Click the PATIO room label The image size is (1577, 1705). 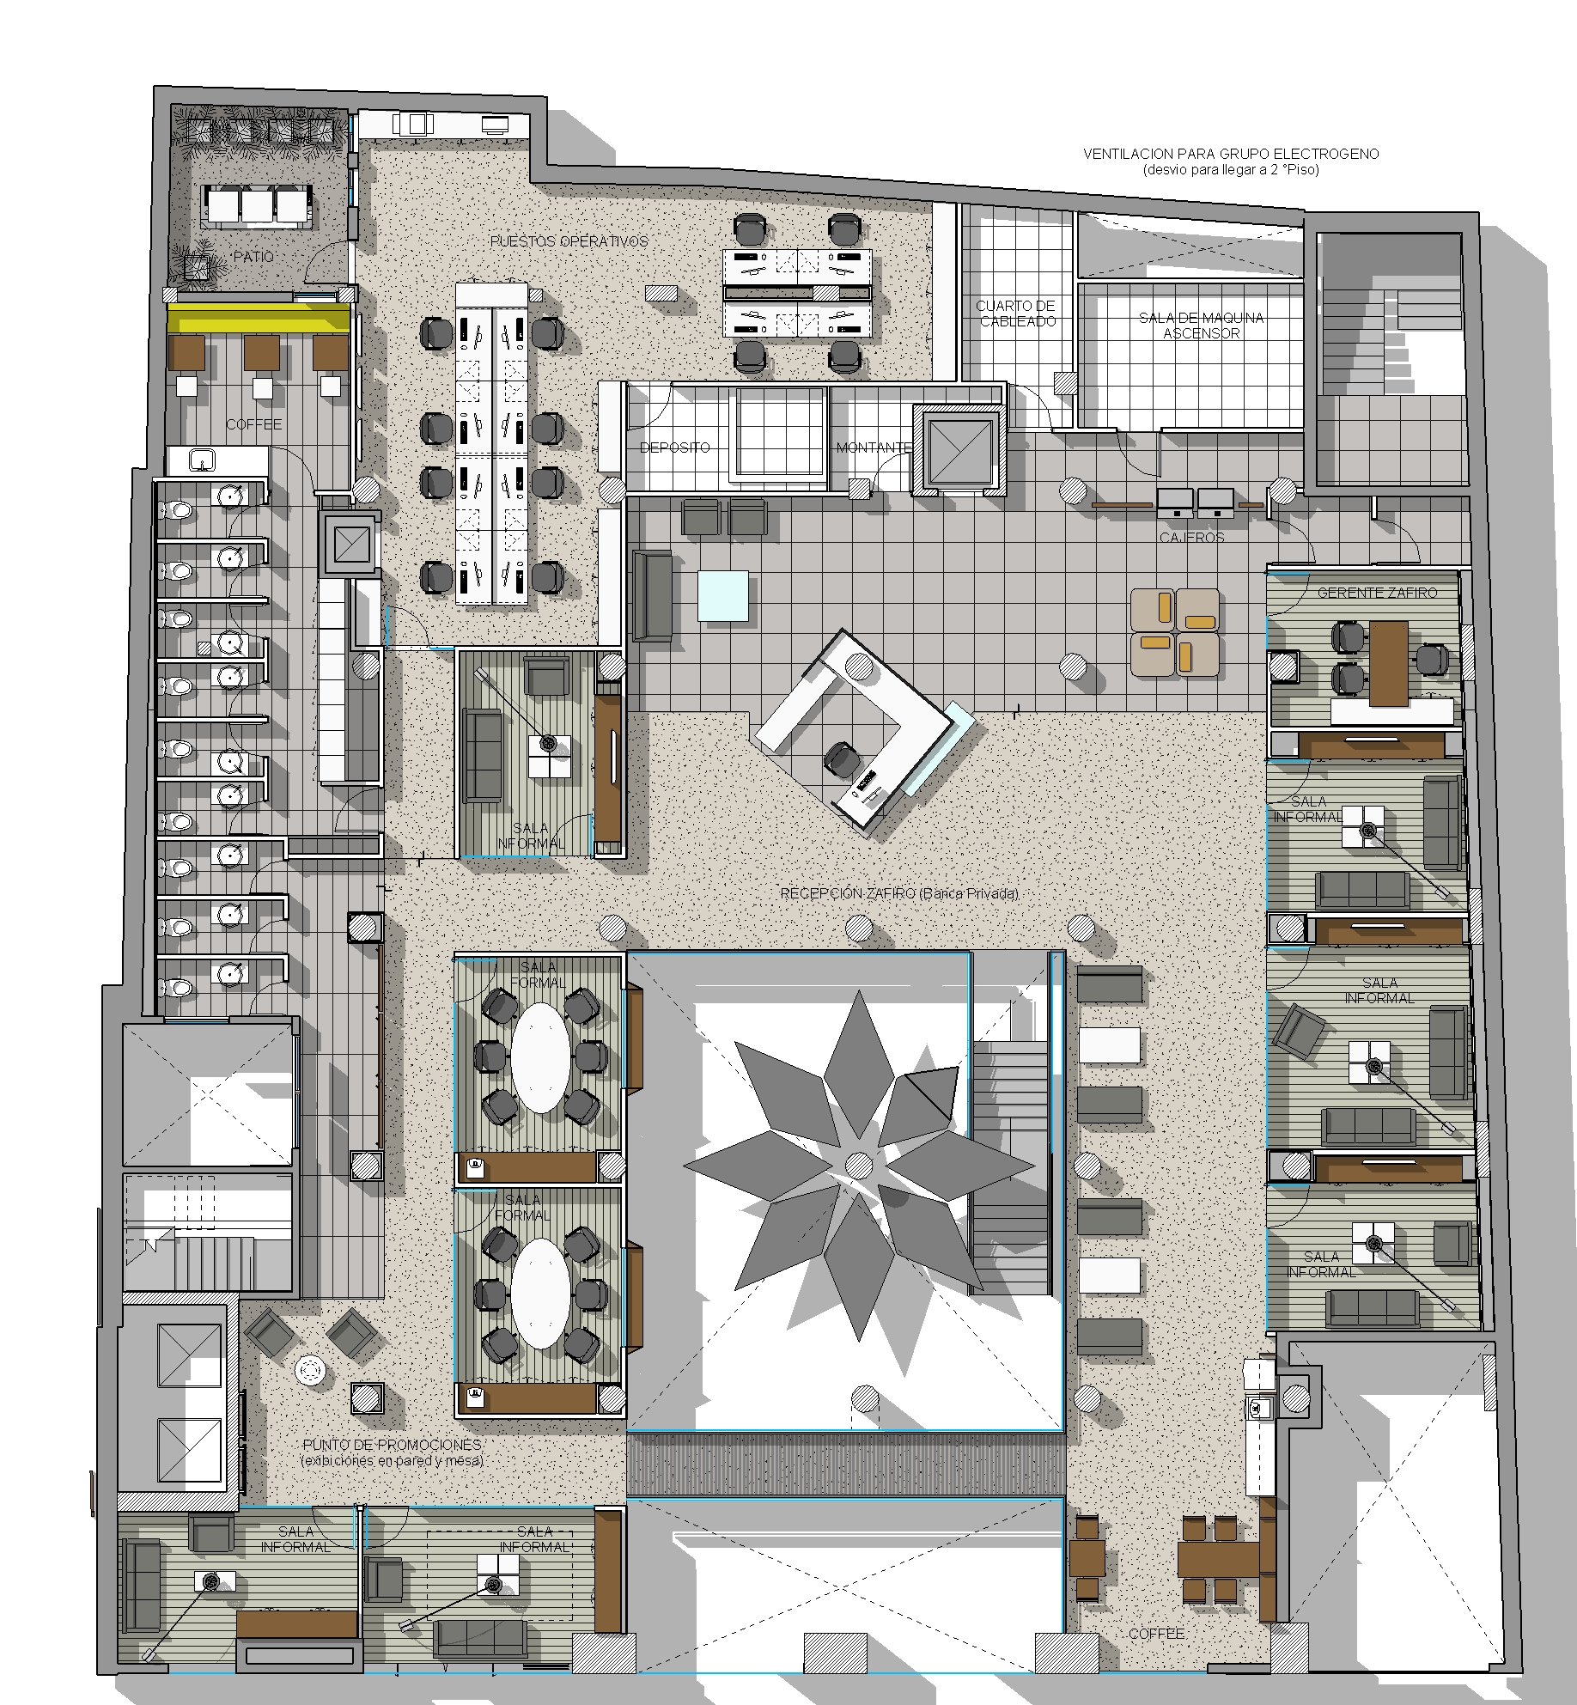click(253, 257)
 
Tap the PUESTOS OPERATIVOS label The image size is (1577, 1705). click(569, 241)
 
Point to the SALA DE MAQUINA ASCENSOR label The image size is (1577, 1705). click(1201, 326)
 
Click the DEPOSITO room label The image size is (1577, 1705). click(674, 448)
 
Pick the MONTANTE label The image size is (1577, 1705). click(874, 448)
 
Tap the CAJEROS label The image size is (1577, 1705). click(1191, 538)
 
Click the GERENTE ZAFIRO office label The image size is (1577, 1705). click(1377, 593)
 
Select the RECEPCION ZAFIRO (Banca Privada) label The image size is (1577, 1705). click(899, 893)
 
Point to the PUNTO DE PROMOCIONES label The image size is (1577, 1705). click(392, 1445)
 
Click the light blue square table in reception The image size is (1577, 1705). click(724, 595)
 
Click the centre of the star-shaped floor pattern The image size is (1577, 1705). click(858, 1165)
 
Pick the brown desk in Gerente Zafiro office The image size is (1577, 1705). click(1389, 663)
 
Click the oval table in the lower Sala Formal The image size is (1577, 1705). click(540, 1292)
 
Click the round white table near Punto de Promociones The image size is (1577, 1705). click(309, 1370)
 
